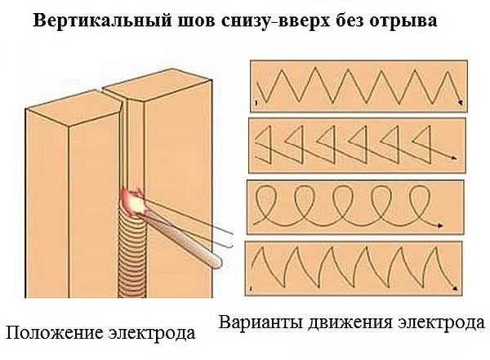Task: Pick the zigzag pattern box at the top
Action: [x=359, y=87]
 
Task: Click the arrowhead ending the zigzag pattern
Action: [x=462, y=103]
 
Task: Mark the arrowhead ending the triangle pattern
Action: [x=455, y=161]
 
